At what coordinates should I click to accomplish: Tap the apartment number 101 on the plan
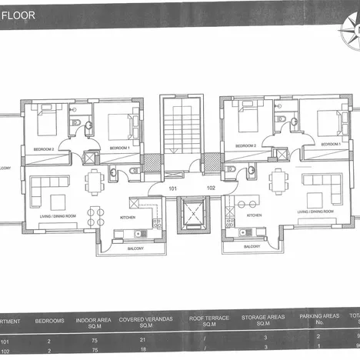coord(172,187)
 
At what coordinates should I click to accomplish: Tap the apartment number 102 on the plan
coord(190,187)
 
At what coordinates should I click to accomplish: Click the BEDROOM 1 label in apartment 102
coord(331,144)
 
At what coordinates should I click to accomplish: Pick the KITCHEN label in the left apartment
coord(127,218)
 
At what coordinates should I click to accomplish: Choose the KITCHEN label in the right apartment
coord(254,215)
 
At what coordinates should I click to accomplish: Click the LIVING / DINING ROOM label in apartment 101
coord(45,217)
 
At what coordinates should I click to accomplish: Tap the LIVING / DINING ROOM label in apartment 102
coord(314,211)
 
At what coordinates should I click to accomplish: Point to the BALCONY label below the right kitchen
coord(251,247)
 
